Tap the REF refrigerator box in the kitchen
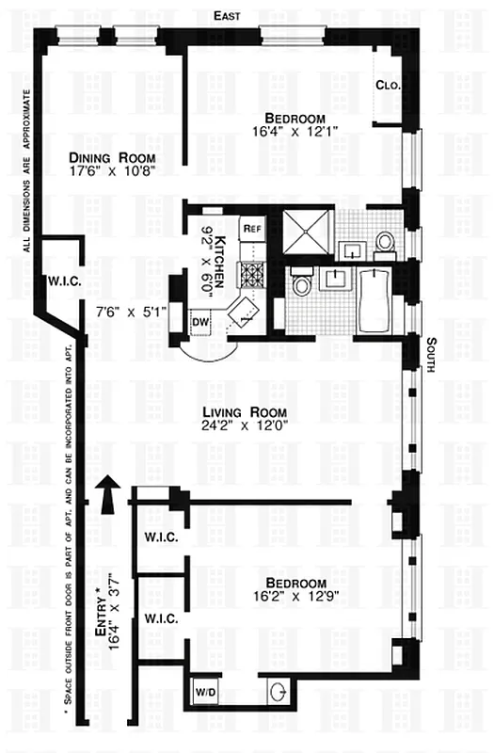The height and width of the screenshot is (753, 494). point(251,228)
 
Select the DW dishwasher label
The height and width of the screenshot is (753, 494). point(199,322)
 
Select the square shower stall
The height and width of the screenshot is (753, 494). point(309,231)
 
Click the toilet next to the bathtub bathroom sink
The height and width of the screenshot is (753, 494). point(302,284)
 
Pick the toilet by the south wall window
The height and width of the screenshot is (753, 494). point(385,243)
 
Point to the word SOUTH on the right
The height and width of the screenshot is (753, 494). point(430,355)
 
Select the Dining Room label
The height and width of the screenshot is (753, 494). point(110,157)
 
